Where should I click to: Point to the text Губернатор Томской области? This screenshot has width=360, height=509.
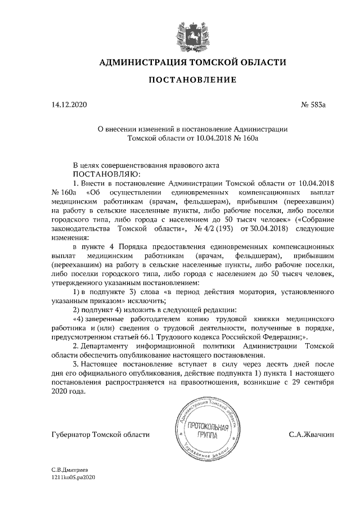point(100,434)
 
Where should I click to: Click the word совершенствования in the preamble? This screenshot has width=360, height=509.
point(143,165)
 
